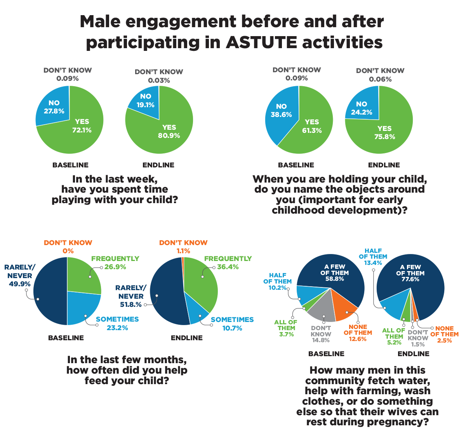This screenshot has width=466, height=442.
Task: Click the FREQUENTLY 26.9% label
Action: [115, 263]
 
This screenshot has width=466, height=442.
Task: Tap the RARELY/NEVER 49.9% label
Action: [19, 275]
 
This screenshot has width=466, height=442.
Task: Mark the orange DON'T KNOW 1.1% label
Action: [183, 247]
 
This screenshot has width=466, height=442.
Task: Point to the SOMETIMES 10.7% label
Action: [232, 324]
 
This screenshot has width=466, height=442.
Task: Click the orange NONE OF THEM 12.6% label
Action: [358, 333]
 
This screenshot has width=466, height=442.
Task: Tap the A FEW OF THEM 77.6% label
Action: [410, 273]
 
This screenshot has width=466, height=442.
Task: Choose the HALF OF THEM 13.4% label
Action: [373, 257]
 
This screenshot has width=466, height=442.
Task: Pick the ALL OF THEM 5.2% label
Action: [394, 336]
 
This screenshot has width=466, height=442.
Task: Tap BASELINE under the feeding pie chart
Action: [66, 338]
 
